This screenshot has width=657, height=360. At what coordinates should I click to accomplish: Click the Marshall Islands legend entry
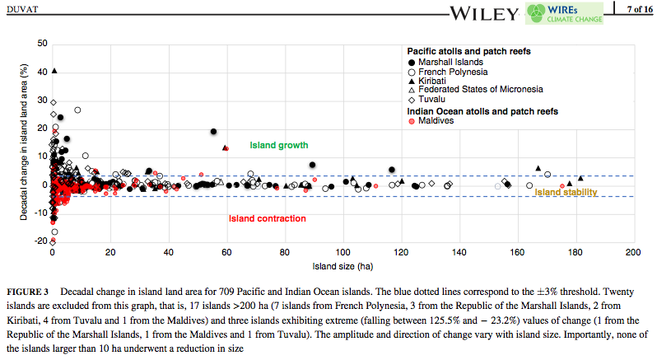pyautogui.click(x=450, y=62)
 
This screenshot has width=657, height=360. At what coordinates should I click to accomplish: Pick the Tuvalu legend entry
pyautogui.click(x=432, y=99)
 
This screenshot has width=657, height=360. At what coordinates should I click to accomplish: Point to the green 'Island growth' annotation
pyautogui.click(x=278, y=146)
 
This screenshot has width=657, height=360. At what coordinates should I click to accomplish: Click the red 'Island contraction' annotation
pyautogui.click(x=267, y=218)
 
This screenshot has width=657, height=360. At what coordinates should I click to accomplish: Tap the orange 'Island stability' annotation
pyautogui.click(x=566, y=193)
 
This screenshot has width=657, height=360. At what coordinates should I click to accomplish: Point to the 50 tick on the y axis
pyautogui.click(x=42, y=43)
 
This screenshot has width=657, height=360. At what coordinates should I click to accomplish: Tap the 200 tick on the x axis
pyautogui.click(x=633, y=252)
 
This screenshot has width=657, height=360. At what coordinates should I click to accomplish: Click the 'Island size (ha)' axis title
pyautogui.click(x=342, y=266)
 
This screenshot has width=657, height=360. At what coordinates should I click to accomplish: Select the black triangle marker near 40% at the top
pyautogui.click(x=54, y=71)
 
